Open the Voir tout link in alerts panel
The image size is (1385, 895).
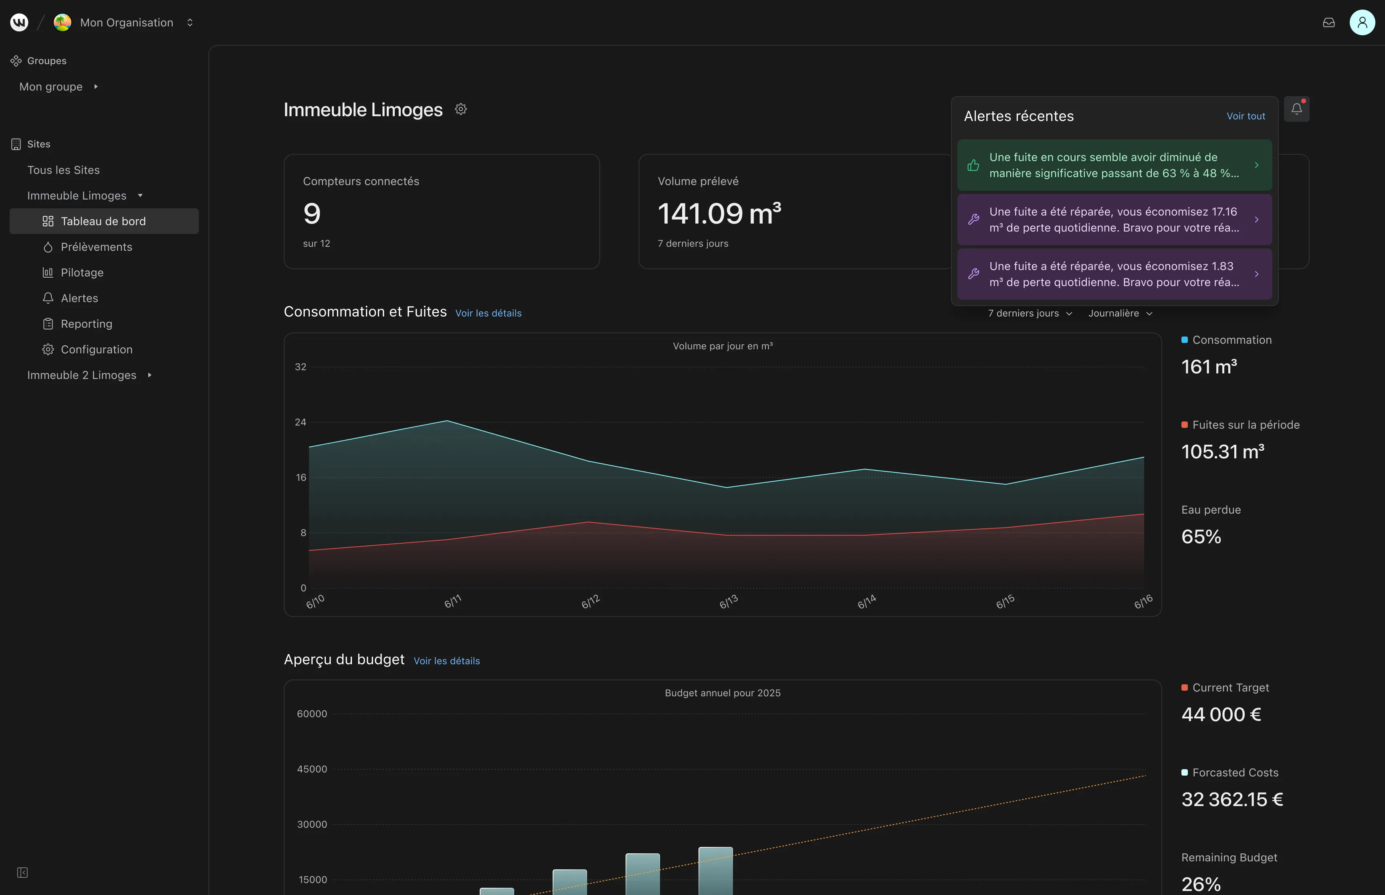[x=1246, y=116]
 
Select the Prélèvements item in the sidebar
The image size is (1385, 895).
[x=97, y=247]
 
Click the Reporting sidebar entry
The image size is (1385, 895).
[x=87, y=324]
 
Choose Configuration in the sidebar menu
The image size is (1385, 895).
[x=97, y=349]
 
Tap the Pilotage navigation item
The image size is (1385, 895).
[x=82, y=272]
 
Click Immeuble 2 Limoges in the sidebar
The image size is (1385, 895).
[x=82, y=375]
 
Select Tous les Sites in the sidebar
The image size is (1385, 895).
[x=63, y=170]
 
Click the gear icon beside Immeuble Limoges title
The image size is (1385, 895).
[x=461, y=109]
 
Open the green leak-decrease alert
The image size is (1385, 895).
[x=1114, y=165]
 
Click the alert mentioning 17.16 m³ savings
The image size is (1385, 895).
[x=1114, y=220]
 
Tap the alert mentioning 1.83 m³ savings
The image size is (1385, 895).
[x=1114, y=274]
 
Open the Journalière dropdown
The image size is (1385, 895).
[x=1120, y=313]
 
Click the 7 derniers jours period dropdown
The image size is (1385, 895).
[x=1030, y=313]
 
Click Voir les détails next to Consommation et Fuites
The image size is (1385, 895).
[x=488, y=313]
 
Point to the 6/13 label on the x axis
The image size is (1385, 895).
[x=728, y=601]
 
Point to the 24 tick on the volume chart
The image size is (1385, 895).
[x=301, y=422]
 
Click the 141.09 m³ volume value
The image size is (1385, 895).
[x=719, y=213]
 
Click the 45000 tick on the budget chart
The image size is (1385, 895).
[x=312, y=769]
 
